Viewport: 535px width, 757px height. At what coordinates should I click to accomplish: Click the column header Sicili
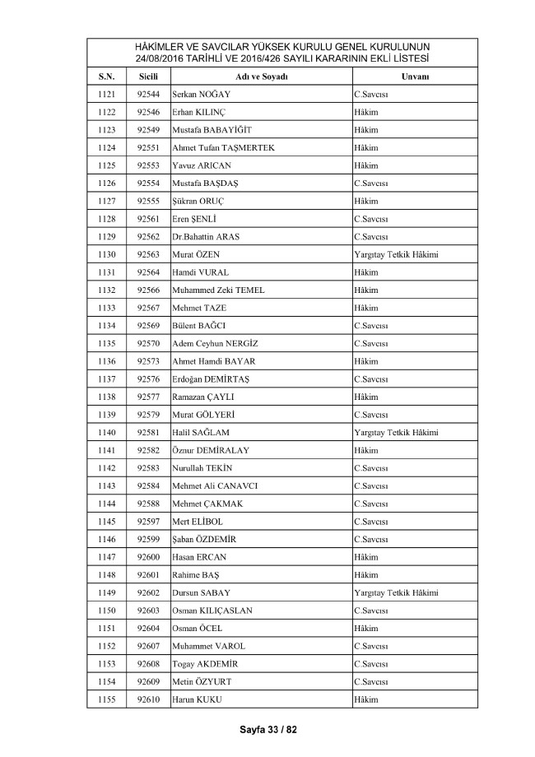click(148, 77)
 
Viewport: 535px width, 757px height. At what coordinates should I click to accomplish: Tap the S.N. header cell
click(107, 77)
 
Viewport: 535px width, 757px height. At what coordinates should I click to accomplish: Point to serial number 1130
click(107, 254)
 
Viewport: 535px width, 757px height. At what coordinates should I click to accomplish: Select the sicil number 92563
click(148, 254)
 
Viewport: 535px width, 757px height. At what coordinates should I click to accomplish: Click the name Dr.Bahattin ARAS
click(205, 237)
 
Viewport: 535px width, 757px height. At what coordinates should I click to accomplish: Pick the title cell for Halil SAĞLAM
click(395, 432)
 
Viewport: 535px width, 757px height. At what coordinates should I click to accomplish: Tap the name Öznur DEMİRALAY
click(210, 450)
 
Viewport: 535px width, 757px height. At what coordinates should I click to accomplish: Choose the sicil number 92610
click(148, 699)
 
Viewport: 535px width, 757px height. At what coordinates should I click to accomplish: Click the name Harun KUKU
click(197, 699)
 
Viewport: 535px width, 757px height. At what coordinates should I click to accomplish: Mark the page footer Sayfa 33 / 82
click(267, 729)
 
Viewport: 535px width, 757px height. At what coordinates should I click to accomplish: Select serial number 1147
click(107, 557)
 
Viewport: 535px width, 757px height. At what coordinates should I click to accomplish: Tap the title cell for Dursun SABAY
click(395, 592)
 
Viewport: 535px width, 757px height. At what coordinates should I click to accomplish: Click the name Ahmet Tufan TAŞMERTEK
click(222, 147)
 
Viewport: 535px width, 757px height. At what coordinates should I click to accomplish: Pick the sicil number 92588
click(148, 504)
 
